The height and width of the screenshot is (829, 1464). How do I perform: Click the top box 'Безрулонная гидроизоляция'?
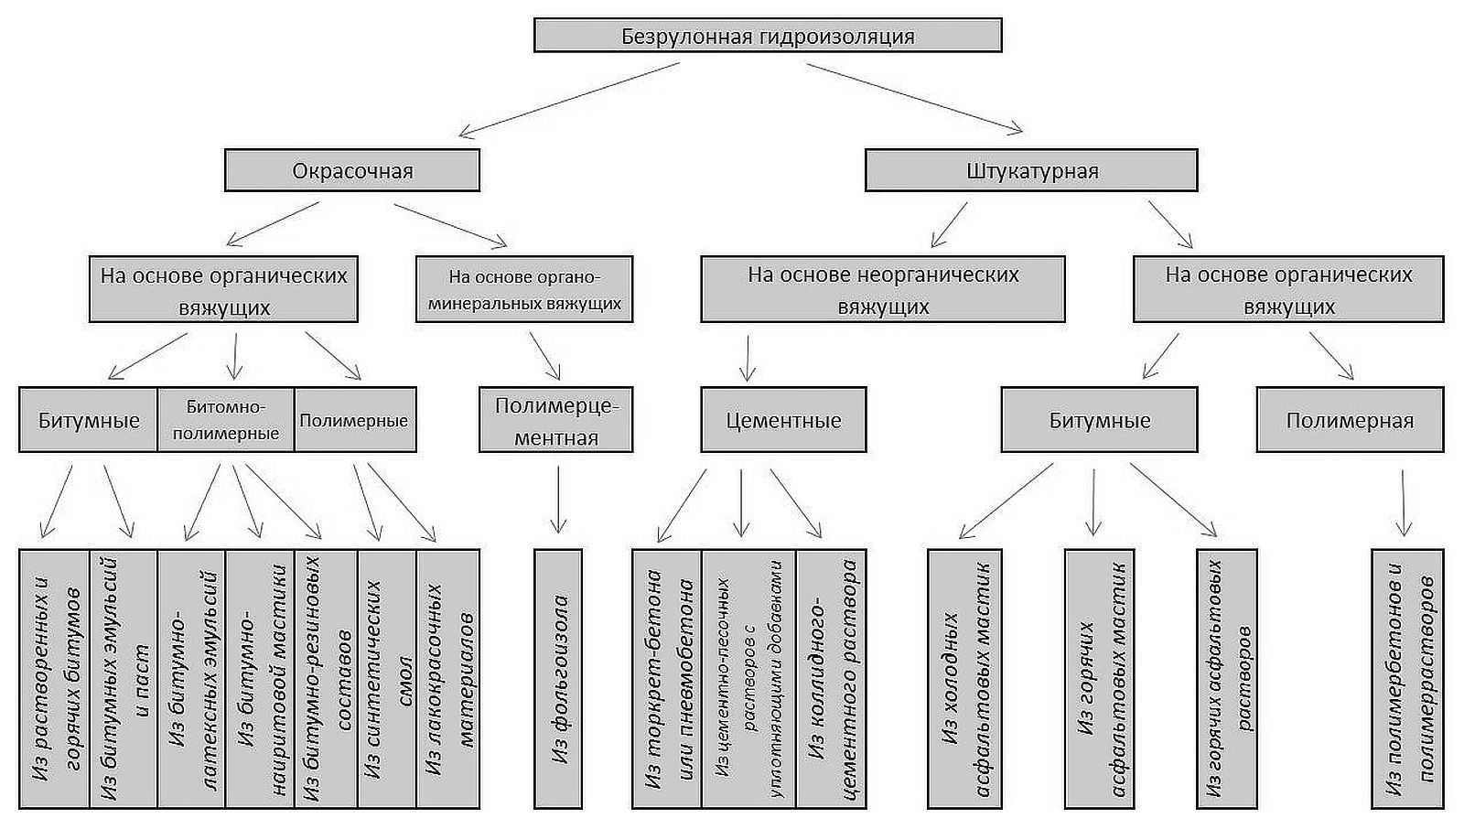pos(768,36)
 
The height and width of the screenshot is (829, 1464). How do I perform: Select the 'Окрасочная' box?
pos(352,170)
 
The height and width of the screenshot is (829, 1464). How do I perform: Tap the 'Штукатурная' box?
pos(1031,170)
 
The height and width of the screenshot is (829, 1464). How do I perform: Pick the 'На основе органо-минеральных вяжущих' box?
pos(524,289)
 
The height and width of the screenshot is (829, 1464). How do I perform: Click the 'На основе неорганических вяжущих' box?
pos(883,289)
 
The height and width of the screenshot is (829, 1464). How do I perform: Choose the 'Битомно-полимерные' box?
pos(226,419)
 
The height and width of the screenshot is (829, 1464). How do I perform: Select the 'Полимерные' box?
pos(355,419)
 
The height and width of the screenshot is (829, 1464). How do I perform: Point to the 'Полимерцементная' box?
pos(556,419)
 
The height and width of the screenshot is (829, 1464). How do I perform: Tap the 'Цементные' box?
pos(783,419)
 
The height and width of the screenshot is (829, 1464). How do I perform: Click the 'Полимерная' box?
pos(1351,419)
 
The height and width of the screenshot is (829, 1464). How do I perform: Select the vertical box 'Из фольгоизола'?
pos(558,679)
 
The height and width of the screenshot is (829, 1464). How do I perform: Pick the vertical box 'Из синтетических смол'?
pos(387,679)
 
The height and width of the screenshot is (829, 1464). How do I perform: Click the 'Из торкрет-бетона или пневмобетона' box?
pos(667,679)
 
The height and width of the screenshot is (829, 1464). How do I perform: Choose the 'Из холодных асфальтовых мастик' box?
pos(964,679)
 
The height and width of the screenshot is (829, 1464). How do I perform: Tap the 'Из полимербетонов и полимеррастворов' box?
pos(1407,679)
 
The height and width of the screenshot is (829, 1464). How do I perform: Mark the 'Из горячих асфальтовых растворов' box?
pos(1227,679)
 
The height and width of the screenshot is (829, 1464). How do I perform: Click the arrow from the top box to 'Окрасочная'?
pos(569,100)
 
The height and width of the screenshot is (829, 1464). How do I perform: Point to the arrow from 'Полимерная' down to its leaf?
pos(1404,502)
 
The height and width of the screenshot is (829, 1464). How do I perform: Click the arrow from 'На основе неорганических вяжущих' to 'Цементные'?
pos(748,359)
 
